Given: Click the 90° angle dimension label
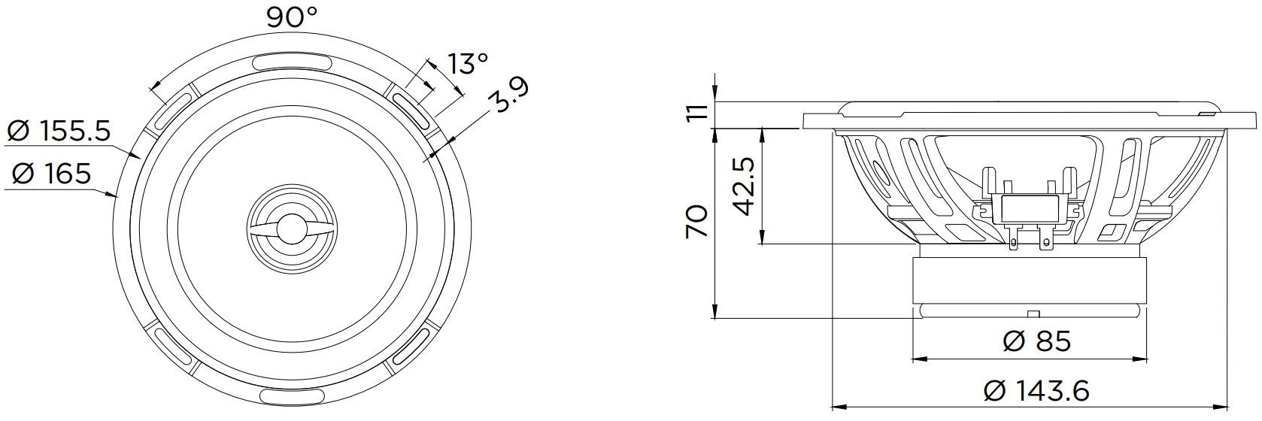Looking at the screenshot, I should click(292, 17).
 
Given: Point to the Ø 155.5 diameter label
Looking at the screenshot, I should click(59, 132).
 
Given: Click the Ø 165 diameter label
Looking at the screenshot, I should click(51, 174).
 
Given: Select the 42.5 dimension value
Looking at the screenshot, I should click(745, 186).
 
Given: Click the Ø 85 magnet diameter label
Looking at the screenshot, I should click(1036, 341).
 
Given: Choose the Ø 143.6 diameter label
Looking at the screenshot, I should click(1036, 391).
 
